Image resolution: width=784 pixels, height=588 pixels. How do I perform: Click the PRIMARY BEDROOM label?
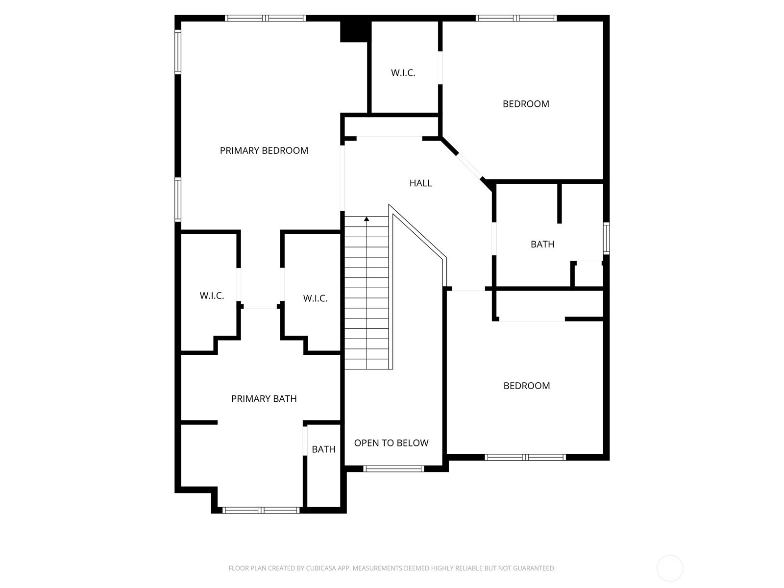click(x=264, y=150)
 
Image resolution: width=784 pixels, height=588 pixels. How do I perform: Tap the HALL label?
click(x=420, y=183)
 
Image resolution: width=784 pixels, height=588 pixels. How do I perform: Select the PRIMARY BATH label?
click(x=264, y=399)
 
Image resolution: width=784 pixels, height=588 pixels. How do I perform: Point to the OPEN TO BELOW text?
click(x=391, y=443)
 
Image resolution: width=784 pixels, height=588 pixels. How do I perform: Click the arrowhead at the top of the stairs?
click(x=367, y=219)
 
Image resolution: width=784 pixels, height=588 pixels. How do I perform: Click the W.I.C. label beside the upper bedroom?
click(x=403, y=73)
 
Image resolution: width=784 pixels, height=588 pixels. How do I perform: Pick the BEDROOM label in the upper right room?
click(x=526, y=104)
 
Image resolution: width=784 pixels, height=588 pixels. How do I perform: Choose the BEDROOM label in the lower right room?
click(x=526, y=386)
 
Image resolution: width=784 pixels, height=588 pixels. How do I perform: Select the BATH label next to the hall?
click(x=542, y=244)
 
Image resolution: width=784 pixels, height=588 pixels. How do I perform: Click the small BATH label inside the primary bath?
click(x=323, y=449)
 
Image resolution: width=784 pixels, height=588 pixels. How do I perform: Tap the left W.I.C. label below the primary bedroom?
click(x=212, y=295)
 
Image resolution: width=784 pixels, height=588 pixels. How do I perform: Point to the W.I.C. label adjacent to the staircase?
click(x=316, y=298)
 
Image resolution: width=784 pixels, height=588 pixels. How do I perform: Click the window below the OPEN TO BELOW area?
click(x=393, y=469)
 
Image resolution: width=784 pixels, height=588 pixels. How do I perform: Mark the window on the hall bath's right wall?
click(x=606, y=239)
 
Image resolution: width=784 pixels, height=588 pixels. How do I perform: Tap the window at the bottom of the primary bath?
click(x=261, y=510)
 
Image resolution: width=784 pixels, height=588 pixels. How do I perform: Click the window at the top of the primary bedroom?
click(x=266, y=18)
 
